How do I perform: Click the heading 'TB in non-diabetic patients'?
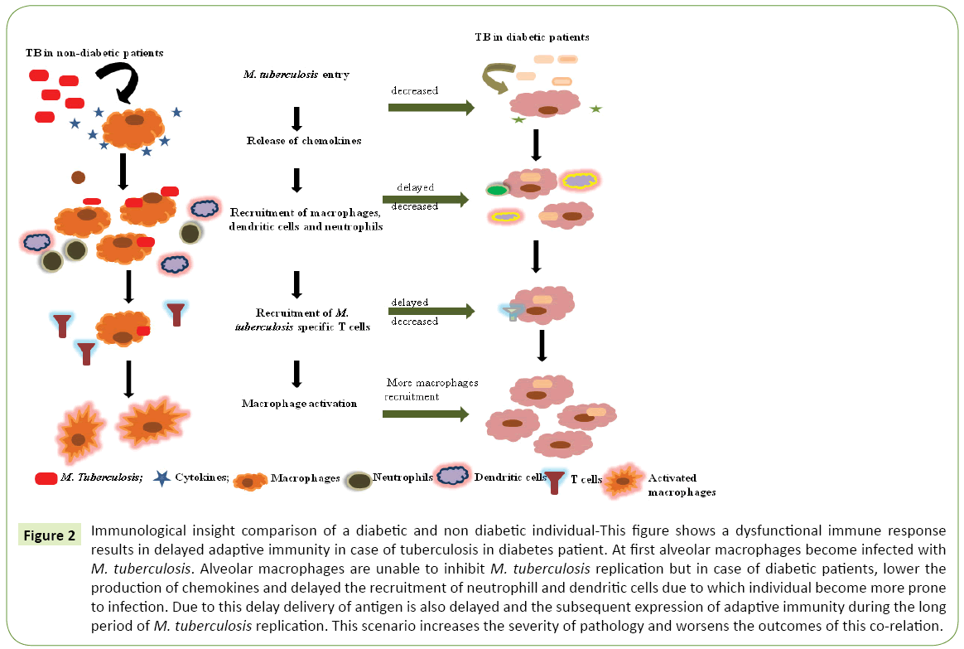[x=94, y=53]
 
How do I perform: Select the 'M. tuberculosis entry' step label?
[x=296, y=75]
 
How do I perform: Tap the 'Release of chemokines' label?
[x=303, y=141]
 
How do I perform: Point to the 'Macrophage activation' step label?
[x=299, y=404]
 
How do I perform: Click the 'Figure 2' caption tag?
[x=49, y=535]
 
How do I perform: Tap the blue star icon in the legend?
[x=162, y=478]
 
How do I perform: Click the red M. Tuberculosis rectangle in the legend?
[x=46, y=478]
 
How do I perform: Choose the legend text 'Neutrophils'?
[x=402, y=477]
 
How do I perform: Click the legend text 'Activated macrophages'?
[x=682, y=485]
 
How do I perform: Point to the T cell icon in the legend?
[x=554, y=482]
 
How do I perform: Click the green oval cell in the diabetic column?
[x=497, y=191]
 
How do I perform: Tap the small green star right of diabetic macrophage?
[x=595, y=109]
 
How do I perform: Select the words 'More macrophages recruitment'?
[x=431, y=390]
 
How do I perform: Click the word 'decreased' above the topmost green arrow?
[x=415, y=90]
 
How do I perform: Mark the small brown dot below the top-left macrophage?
[x=78, y=177]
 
